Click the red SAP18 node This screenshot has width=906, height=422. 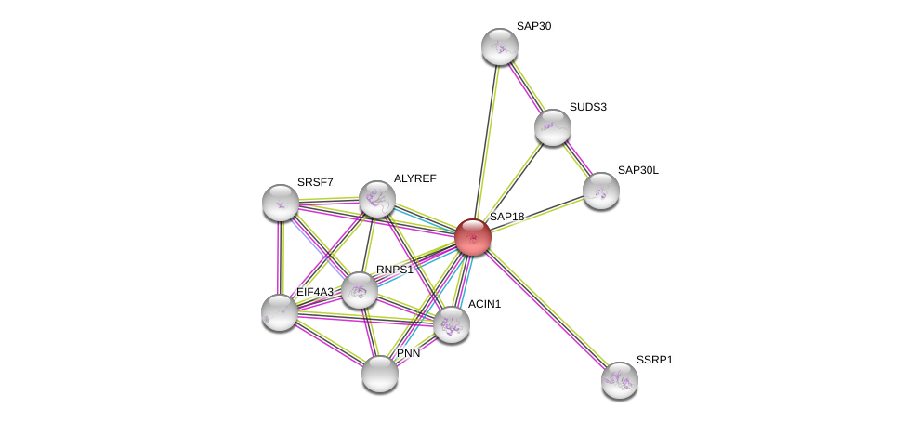click(x=473, y=237)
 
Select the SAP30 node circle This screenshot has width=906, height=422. click(x=500, y=46)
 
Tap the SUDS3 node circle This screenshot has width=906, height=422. click(x=553, y=127)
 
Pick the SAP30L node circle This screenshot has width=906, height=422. click(x=601, y=191)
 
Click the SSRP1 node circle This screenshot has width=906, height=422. click(x=620, y=379)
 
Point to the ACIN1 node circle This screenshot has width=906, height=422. click(x=452, y=324)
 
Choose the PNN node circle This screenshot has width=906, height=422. click(x=380, y=374)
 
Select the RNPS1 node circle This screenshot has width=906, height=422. click(x=360, y=290)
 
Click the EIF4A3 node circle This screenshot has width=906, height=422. click(x=280, y=312)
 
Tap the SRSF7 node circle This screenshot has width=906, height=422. click(x=281, y=203)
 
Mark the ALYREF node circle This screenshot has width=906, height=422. click(x=377, y=199)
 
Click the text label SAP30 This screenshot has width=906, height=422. click(x=533, y=26)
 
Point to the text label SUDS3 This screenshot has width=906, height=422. click(x=587, y=107)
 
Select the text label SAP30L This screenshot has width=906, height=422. click(x=637, y=170)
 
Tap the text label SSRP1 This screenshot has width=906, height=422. click(x=654, y=360)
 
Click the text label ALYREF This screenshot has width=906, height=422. click(x=414, y=178)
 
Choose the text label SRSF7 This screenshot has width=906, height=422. click(x=315, y=182)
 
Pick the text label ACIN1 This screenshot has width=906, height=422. click(x=484, y=304)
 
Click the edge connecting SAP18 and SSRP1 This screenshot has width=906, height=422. click(x=546, y=309)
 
